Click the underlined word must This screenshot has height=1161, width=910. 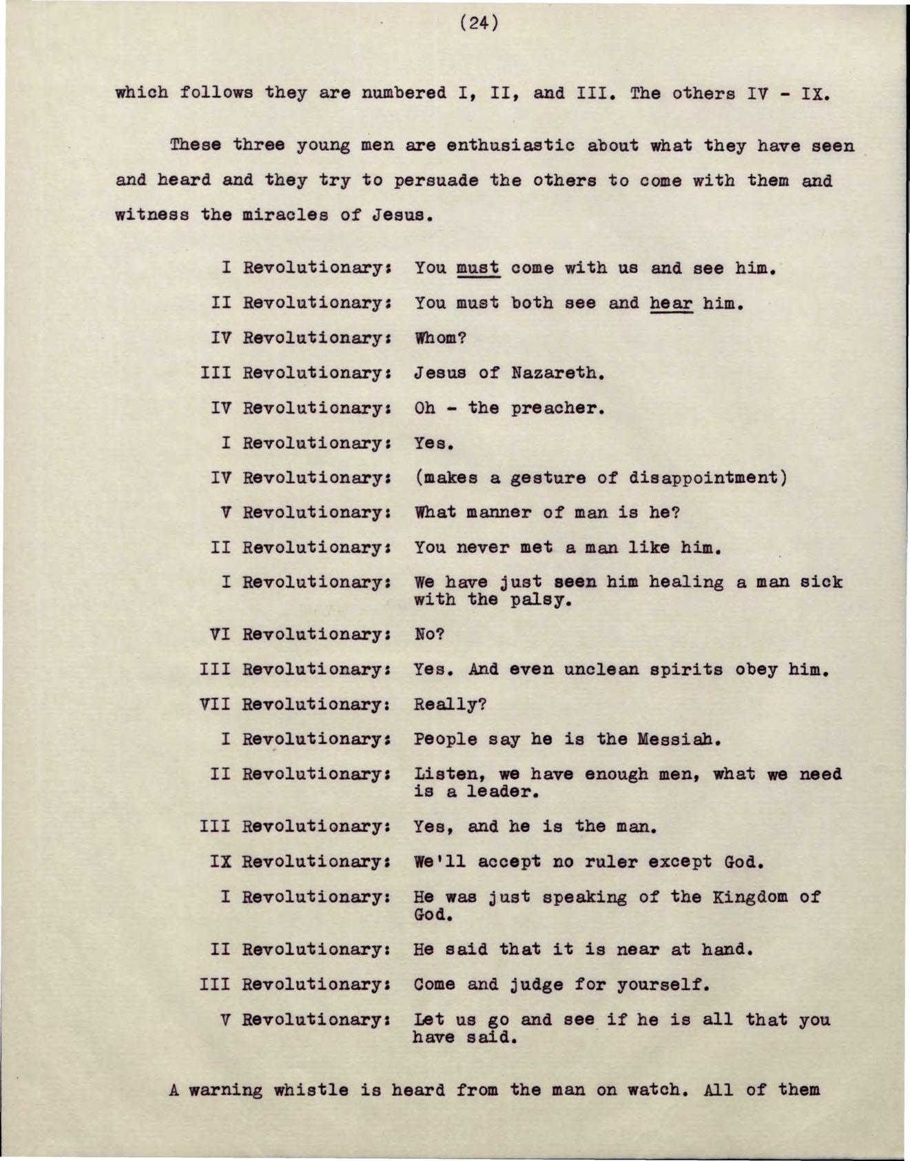point(479,267)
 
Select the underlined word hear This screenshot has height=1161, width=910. point(670,303)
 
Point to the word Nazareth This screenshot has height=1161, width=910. point(557,373)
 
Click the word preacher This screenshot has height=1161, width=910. point(557,408)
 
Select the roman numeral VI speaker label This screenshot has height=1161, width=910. point(220,634)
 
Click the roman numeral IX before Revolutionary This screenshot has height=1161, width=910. point(220,862)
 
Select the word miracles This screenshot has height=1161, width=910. point(286,214)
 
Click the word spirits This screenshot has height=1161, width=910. point(681,669)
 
